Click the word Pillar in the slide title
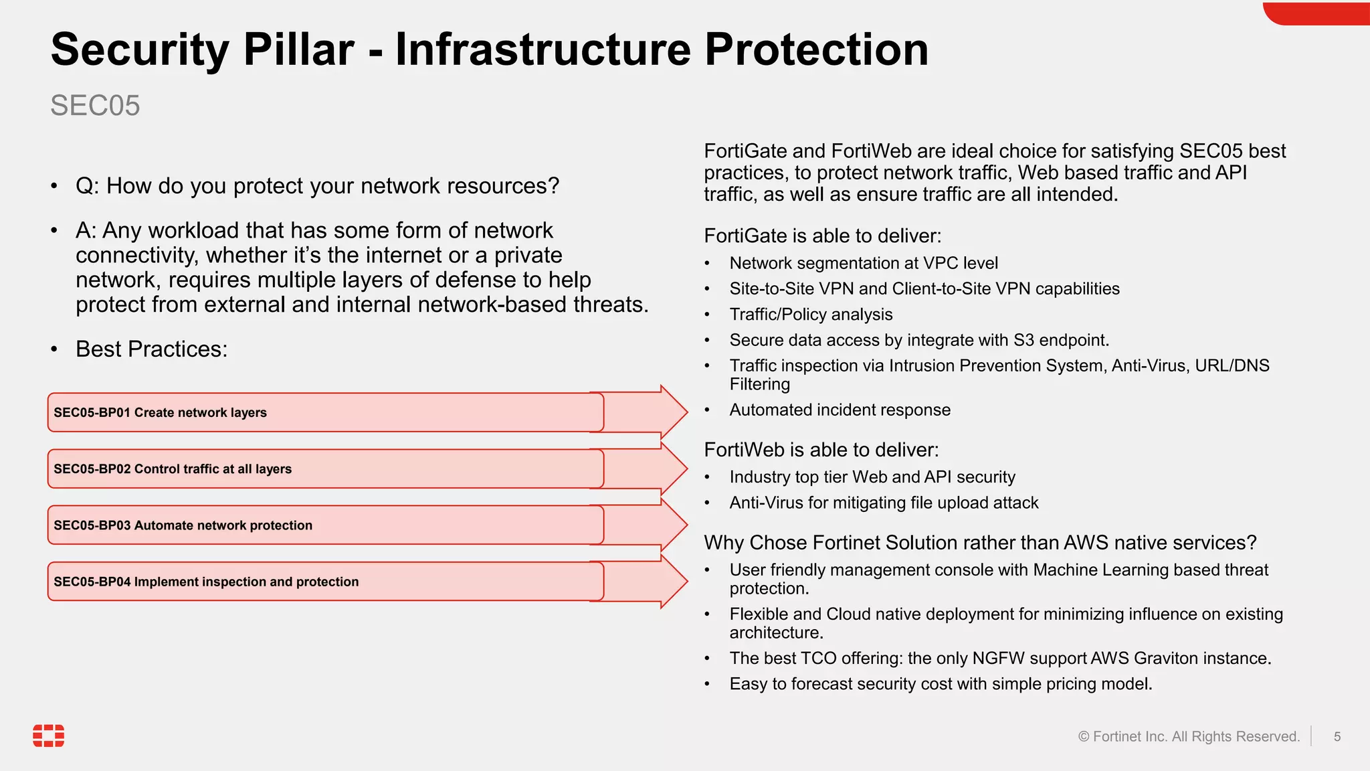point(298,50)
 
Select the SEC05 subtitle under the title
point(95,106)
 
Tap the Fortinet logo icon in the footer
point(49,736)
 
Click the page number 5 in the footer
point(1337,737)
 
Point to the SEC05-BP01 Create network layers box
point(325,412)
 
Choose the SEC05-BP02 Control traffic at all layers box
point(325,468)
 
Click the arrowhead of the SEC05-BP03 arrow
point(672,525)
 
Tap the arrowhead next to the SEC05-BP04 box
point(672,581)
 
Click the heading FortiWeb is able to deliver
point(821,450)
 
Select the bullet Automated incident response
point(840,410)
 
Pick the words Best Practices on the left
point(151,349)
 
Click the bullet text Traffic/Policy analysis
point(811,315)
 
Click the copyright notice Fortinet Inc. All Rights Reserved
point(1189,737)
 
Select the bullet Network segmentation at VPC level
point(863,263)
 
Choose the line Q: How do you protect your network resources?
point(317,186)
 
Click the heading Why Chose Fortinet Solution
point(979,543)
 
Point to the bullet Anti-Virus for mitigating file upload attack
point(884,503)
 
